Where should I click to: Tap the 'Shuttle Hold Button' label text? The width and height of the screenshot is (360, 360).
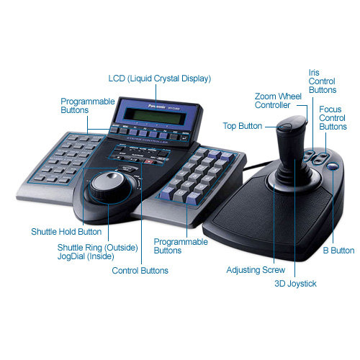[x=66, y=232]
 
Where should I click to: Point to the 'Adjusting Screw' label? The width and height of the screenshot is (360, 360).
[x=250, y=271]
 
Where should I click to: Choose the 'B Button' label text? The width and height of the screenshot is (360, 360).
[x=337, y=251]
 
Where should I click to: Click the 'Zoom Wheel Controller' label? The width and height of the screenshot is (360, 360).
[x=279, y=101]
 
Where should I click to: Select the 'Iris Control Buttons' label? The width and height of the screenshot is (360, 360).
[x=322, y=81]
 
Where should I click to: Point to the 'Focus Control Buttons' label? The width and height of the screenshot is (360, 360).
[x=333, y=117]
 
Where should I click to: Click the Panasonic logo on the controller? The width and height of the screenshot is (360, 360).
[x=149, y=103]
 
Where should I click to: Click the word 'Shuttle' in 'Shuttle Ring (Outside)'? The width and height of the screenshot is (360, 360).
[x=71, y=248]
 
